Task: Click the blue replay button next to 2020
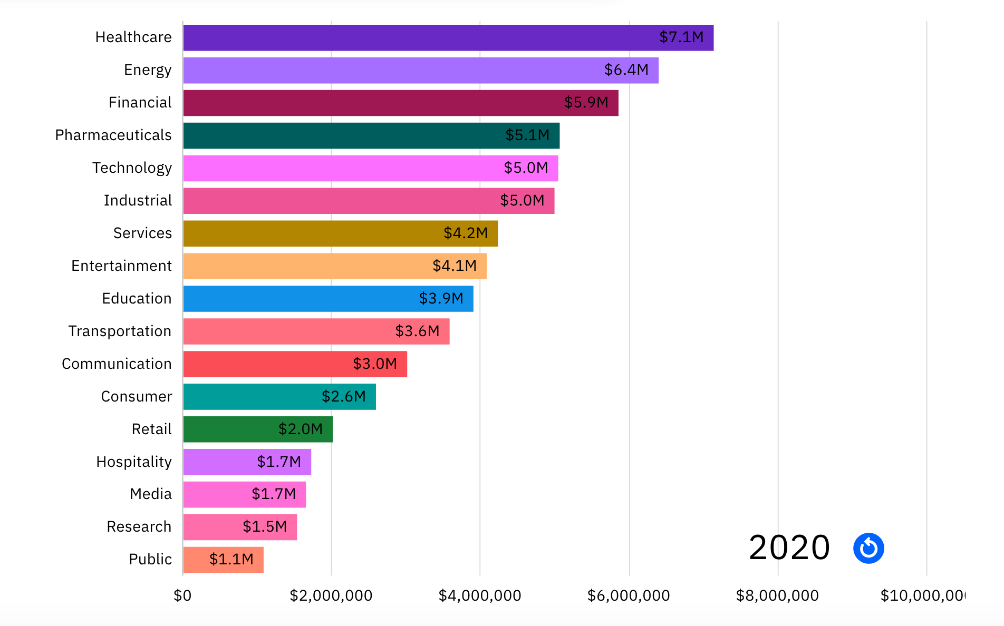coord(868,548)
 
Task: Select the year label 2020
coord(789,548)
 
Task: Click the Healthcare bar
coord(422,38)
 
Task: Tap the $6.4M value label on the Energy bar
coord(626,70)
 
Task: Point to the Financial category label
coord(140,103)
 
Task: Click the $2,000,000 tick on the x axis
coord(331,596)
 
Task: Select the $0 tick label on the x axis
coord(182,596)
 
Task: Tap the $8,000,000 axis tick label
coord(777,596)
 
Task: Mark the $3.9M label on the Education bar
coord(441,299)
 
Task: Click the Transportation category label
coord(120,331)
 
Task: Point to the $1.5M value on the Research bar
coord(265,527)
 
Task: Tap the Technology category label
coord(132,168)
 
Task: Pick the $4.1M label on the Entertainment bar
coord(454,266)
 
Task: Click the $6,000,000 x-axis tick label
coord(629,596)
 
